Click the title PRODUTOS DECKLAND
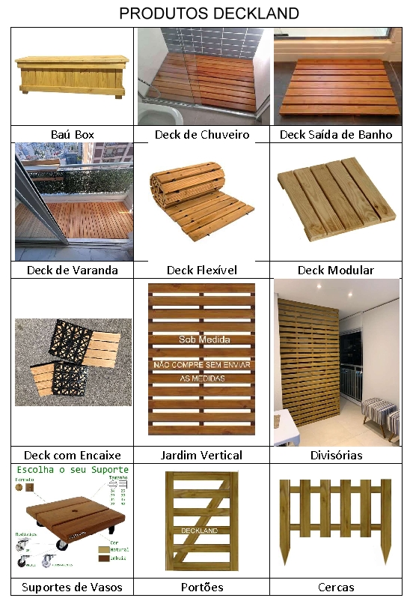(x=209, y=13)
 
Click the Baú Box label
(x=73, y=135)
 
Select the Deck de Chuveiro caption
(x=202, y=135)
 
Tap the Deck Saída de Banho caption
(x=336, y=135)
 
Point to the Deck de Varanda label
(x=73, y=270)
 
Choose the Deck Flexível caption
(x=202, y=270)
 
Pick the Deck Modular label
(x=336, y=270)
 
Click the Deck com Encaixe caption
(x=73, y=455)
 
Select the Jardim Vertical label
(x=202, y=455)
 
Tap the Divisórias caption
(x=336, y=455)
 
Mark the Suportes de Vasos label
(x=73, y=587)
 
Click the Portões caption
(x=202, y=587)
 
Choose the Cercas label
(x=336, y=587)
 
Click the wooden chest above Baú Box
(x=73, y=75)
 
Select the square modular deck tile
(x=336, y=202)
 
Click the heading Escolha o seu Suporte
(x=73, y=470)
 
